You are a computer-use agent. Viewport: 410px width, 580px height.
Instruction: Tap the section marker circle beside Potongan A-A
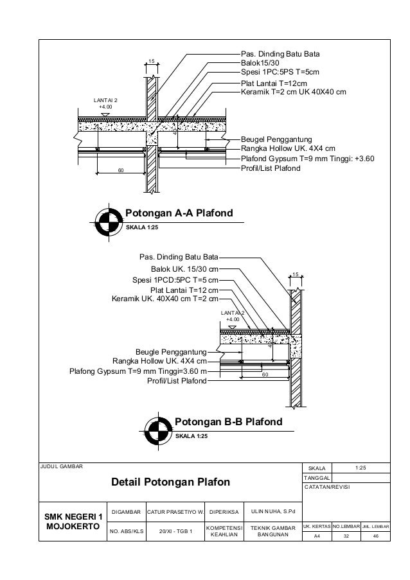tap(107, 220)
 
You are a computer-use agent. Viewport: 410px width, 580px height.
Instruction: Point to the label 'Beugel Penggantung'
tap(276, 139)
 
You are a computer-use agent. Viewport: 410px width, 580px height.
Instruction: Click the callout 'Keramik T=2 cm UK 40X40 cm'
tap(293, 92)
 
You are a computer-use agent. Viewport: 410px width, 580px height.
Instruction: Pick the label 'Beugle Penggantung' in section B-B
tap(171, 352)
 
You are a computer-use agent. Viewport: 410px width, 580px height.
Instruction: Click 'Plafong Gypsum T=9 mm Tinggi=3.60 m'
tap(138, 371)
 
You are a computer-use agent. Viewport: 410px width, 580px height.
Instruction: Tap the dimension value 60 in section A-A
tap(120, 171)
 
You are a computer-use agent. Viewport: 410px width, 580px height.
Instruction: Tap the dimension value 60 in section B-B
tap(264, 373)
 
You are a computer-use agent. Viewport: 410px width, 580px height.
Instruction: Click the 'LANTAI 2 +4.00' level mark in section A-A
tap(105, 105)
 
